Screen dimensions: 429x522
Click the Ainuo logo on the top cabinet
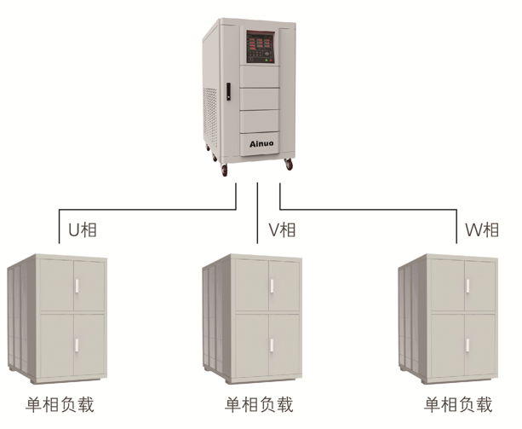[x=261, y=146]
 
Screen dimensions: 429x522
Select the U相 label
[x=83, y=229]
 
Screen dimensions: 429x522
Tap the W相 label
[x=481, y=229]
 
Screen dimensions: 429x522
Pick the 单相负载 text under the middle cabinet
[x=259, y=403]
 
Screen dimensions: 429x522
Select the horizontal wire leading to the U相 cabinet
[x=145, y=207]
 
